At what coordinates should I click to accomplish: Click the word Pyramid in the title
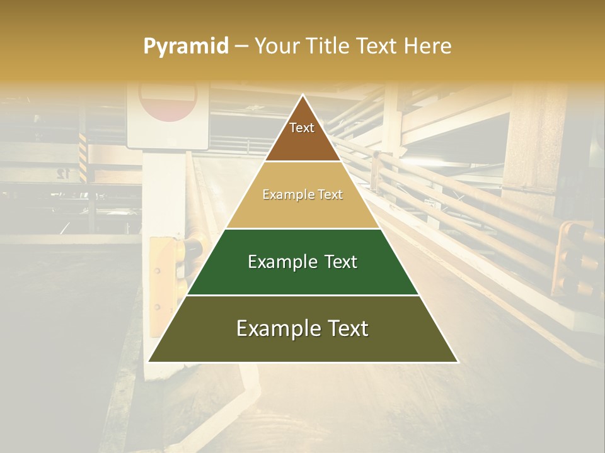coord(186,47)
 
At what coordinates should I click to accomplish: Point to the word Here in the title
coord(428,46)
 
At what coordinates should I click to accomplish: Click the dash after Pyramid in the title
coord(241,47)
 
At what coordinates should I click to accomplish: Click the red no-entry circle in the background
coord(168,101)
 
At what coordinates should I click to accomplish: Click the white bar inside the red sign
coord(167,94)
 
